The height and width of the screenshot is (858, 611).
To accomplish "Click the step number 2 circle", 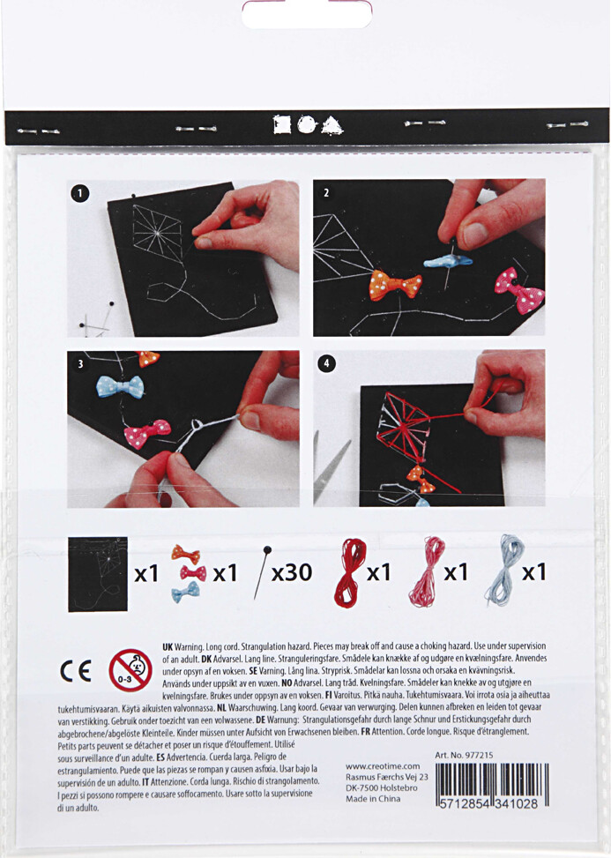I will coord(325,191).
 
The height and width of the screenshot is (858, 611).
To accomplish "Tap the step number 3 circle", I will coord(80,362).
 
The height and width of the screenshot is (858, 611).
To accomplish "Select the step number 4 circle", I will coord(325,362).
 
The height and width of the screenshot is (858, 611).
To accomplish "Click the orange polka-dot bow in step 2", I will coord(394,285).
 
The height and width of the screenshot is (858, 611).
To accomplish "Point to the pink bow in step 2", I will coord(519,290).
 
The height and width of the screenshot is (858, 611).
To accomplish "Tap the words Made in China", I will coord(373,798).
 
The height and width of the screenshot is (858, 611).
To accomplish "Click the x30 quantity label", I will coord(291,572).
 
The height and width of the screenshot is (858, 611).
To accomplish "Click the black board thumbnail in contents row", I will coord(97,574).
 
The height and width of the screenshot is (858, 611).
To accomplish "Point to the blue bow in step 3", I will coord(119,387).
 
